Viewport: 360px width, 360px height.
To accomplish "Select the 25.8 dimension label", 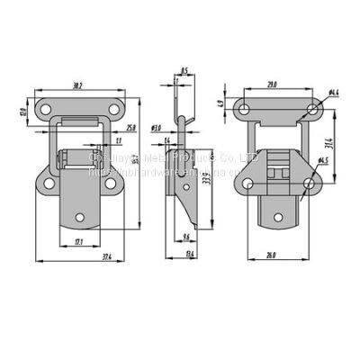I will (x=131, y=128).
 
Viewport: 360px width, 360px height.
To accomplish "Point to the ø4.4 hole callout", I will (x=332, y=92).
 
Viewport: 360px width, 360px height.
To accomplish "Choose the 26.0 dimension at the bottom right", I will (x=271, y=256).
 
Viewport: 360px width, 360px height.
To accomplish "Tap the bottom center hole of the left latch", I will (x=78, y=219).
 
